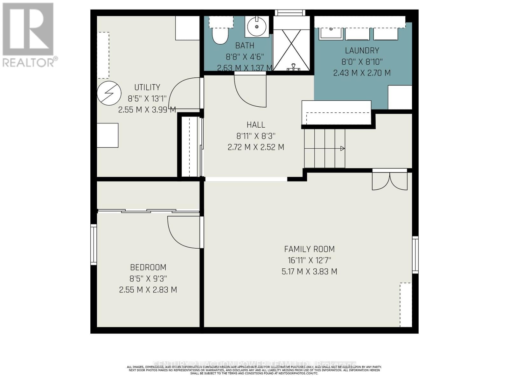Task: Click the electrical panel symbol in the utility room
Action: coord(109,93)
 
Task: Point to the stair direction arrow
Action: coord(342,148)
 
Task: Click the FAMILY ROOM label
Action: coord(309,249)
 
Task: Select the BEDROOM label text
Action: coord(148,267)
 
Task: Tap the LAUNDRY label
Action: coord(362,50)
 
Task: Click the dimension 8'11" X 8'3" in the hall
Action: coord(256,136)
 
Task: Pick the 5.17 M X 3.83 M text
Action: coord(309,272)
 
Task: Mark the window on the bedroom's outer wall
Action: coord(94,244)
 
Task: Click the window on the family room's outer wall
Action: coord(415,255)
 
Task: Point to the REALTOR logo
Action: coord(29,35)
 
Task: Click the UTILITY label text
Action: coord(147,87)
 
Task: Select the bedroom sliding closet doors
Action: coord(148,211)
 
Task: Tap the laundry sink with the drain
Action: coord(331,33)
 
